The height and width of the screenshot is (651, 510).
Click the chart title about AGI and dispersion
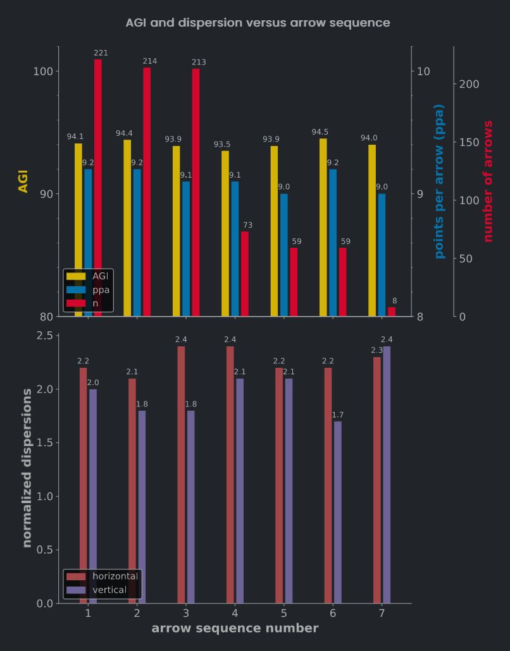258,23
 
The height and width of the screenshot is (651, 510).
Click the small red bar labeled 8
392,312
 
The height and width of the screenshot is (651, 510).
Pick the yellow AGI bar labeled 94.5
323,228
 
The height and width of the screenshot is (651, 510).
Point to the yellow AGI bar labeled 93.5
225,233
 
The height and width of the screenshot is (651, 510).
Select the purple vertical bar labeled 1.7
338,512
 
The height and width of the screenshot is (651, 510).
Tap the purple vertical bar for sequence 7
387,475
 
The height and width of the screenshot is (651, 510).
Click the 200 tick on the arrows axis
469,84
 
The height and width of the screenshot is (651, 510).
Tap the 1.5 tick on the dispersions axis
44,442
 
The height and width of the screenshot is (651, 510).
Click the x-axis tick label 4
235,613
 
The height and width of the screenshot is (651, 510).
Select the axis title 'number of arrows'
488,181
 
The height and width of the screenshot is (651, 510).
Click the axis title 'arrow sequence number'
235,628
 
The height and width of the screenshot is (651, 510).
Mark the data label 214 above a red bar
150,61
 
